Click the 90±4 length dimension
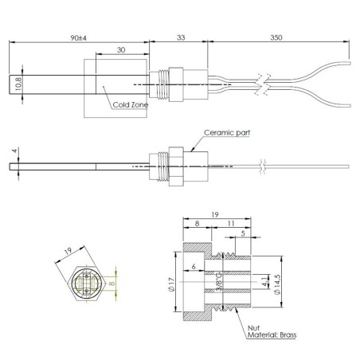tap(77, 37)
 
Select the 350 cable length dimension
tap(276, 37)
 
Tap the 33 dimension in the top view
tap(180, 37)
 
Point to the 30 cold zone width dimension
tap(121, 49)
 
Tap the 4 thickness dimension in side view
tap(14, 150)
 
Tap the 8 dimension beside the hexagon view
tap(112, 281)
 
